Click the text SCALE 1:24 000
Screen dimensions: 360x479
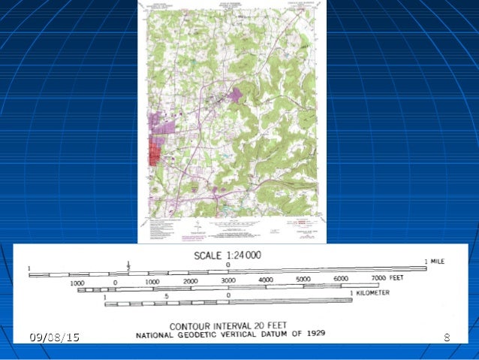227,255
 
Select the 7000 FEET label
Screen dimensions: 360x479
388,279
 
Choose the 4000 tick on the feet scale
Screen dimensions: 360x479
266,280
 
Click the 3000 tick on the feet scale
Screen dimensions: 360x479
228,280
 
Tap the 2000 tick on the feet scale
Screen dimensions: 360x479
190,280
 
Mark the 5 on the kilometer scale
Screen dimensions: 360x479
166,297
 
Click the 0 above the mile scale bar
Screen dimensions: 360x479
228,265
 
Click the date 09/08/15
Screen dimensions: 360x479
54,337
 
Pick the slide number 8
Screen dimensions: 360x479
447,337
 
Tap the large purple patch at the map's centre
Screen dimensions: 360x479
236,97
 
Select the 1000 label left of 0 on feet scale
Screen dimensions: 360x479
77,283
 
